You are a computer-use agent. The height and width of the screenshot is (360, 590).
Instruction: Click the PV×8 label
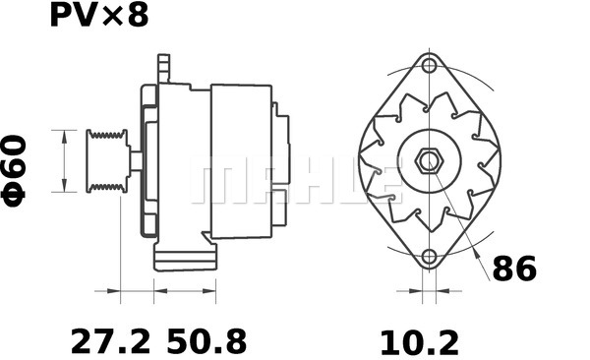click(x=98, y=16)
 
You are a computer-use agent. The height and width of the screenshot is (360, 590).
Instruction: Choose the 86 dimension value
click(x=514, y=268)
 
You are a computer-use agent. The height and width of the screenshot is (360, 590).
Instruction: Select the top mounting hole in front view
click(x=428, y=66)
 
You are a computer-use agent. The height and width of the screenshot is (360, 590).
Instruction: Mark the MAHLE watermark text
click(x=295, y=183)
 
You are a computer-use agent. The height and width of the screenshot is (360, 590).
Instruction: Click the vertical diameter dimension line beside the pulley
click(x=64, y=161)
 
